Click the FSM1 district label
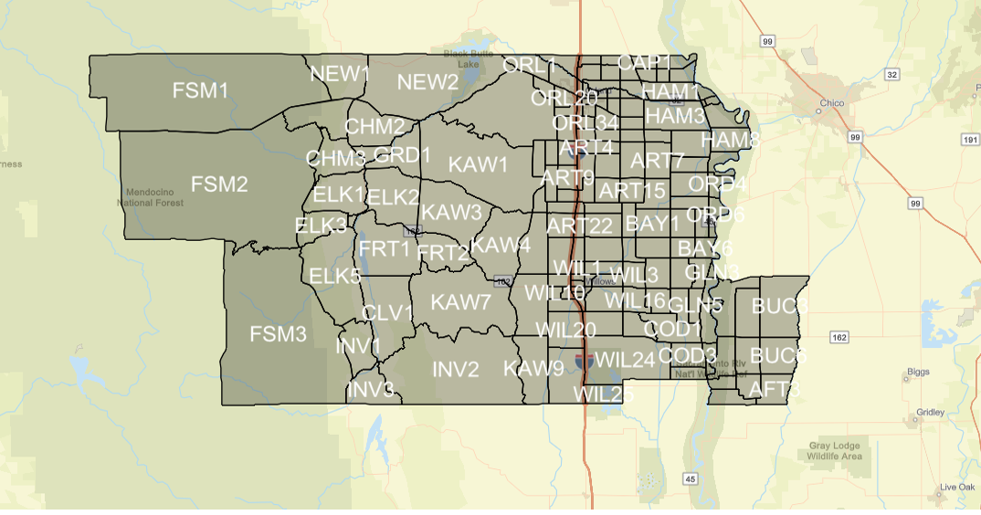[x=200, y=90]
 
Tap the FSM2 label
[x=219, y=184]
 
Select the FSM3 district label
[x=279, y=334]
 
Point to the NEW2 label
[x=427, y=82]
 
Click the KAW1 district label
[x=478, y=164]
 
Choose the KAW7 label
[x=461, y=302]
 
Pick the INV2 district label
[x=455, y=370]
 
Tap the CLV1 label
[x=388, y=313]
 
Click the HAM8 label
[x=731, y=140]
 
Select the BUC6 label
[x=779, y=355]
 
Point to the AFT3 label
[x=775, y=389]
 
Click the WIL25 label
[x=604, y=394]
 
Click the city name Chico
[x=831, y=103]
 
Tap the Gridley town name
[x=931, y=413]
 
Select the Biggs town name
[x=917, y=373]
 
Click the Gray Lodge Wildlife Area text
[x=835, y=451]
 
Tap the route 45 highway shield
[x=690, y=478]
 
